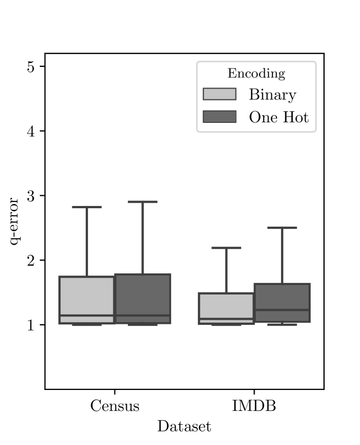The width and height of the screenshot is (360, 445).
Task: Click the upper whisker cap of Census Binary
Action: (87, 207)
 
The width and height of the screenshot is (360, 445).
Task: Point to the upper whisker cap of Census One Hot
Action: (142, 201)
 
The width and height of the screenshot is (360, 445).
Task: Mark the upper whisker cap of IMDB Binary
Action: (226, 247)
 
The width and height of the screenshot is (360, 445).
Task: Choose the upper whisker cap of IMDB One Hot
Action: (281, 228)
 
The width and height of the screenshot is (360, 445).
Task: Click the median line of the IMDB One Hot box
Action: (281, 310)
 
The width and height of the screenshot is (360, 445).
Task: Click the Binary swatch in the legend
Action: (219, 94)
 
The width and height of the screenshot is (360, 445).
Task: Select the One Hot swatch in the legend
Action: (219, 117)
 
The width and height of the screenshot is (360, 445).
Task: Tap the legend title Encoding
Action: (256, 74)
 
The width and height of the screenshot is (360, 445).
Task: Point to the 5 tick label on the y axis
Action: (30, 66)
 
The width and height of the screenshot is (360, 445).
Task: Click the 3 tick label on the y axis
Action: (30, 196)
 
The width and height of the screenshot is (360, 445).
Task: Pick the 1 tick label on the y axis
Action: (30, 325)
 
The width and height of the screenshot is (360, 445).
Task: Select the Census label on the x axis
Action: (114, 406)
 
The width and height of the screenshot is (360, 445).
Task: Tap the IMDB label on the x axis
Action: (254, 406)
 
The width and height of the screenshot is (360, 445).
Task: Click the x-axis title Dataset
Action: (184, 426)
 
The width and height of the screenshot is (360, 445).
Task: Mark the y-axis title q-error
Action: (15, 221)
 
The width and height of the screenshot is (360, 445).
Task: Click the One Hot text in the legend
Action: (279, 117)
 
